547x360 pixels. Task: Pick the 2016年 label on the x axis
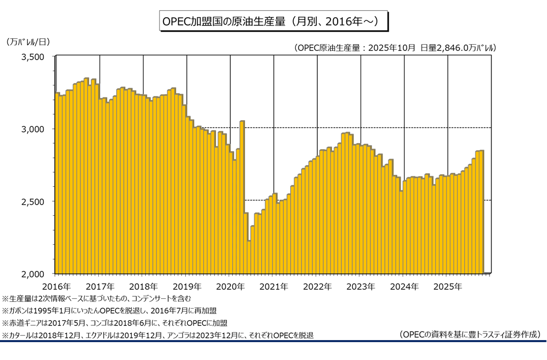[x=56, y=286]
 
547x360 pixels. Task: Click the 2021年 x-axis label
[x=274, y=286]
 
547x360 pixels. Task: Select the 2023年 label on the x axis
[x=361, y=286]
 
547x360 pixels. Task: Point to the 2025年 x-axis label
[x=448, y=286]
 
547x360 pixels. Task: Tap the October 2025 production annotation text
[x=395, y=48]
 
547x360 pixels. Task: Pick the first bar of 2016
[x=57, y=183]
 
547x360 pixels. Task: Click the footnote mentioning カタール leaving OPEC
[x=158, y=335]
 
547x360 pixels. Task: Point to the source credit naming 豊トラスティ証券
[x=470, y=334]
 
